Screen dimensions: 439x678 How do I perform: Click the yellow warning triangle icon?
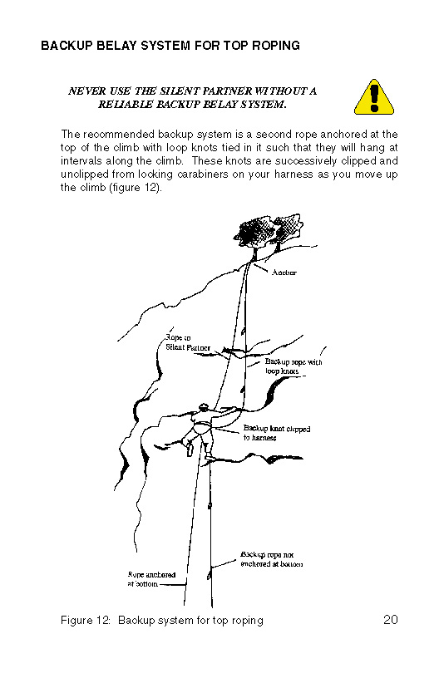[374, 97]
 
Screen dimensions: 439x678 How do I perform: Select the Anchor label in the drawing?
[284, 273]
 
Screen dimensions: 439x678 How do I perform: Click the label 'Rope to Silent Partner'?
[188, 342]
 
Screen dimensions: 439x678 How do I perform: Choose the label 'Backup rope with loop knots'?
[293, 366]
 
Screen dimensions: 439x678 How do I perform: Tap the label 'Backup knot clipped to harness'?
[277, 433]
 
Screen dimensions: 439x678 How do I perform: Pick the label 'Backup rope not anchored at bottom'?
[272, 559]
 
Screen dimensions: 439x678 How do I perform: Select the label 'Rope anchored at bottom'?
[151, 579]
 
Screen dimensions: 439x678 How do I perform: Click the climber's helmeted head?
[203, 407]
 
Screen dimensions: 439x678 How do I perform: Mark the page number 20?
[391, 620]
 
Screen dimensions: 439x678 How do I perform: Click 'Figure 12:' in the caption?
[86, 621]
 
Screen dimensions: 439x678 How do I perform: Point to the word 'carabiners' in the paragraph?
[207, 174]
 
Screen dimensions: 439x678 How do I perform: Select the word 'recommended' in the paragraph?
[119, 134]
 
